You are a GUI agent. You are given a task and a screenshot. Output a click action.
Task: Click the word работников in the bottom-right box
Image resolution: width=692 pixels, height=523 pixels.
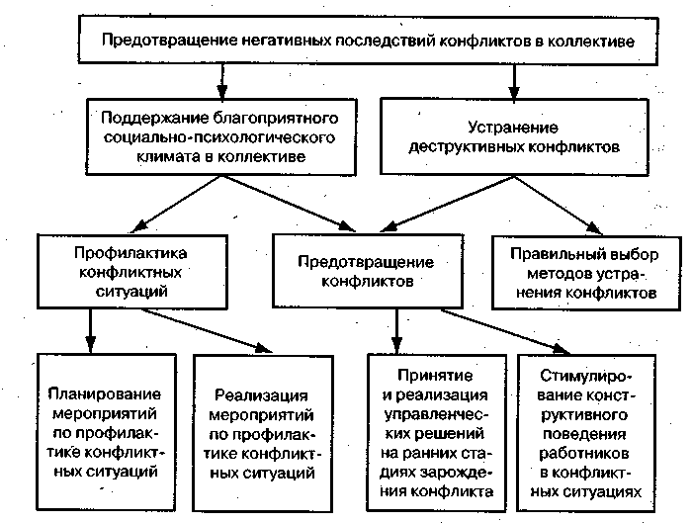tap(587, 459)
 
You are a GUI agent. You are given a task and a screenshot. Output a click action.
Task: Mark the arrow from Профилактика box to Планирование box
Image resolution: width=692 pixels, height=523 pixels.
tap(91, 327)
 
